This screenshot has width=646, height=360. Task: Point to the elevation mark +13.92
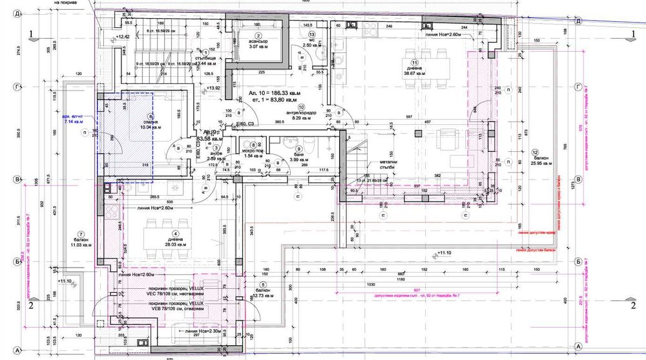(213, 87)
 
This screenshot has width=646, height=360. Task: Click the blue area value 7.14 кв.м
(76, 120)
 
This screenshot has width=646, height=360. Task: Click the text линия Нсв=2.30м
(203, 332)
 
